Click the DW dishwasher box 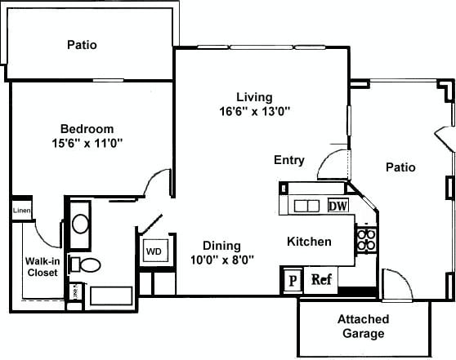click(338, 206)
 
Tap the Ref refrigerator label click(320, 279)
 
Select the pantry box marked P click(292, 279)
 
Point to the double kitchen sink click(306, 206)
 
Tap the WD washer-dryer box click(153, 251)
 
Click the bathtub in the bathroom click(112, 295)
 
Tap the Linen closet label click(20, 211)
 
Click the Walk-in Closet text click(41, 267)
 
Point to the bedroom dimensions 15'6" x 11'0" click(86, 143)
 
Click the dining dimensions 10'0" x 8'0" click(221, 260)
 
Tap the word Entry click(289, 160)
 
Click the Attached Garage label click(362, 326)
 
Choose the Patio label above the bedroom click(82, 45)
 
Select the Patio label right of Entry click(400, 167)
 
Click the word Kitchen click(309, 242)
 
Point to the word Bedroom click(87, 129)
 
